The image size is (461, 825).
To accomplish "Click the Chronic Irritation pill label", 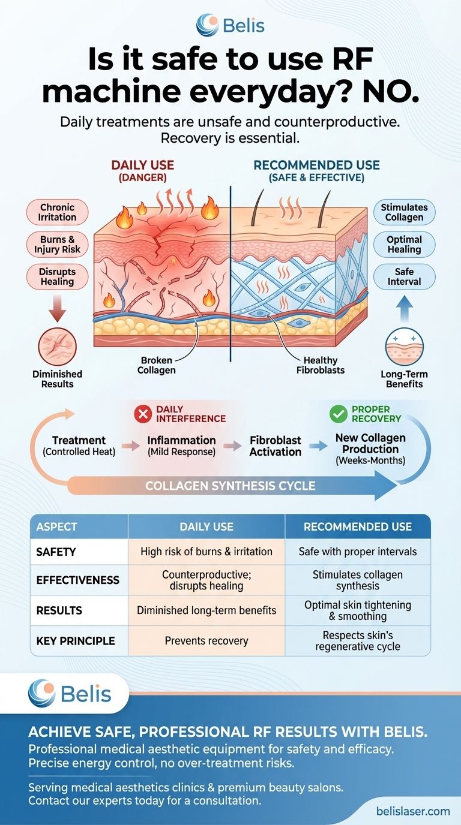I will point(58,212).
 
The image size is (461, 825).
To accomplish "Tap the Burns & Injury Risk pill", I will point(58,245).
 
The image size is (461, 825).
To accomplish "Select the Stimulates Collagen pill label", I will point(404,212).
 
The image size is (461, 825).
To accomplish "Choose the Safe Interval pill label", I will point(404,276).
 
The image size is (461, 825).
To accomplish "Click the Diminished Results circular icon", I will point(58,347).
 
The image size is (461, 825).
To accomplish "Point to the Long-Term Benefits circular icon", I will point(404,347).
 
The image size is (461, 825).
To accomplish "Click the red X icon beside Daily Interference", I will point(142,413).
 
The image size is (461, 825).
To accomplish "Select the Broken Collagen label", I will point(157,365).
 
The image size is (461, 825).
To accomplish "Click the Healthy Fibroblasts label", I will point(321,365).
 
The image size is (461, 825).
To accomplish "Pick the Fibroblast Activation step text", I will point(276,445).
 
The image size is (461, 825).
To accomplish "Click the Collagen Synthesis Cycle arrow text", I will point(230,486).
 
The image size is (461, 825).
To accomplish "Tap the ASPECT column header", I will point(57,527).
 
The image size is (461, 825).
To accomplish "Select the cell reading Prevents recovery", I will point(206,640).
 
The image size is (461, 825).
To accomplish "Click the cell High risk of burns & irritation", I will point(206,551).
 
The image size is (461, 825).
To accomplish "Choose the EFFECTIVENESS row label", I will point(77,580).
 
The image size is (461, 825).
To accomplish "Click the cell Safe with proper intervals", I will point(358,551).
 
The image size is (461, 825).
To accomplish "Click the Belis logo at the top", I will point(230,26).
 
